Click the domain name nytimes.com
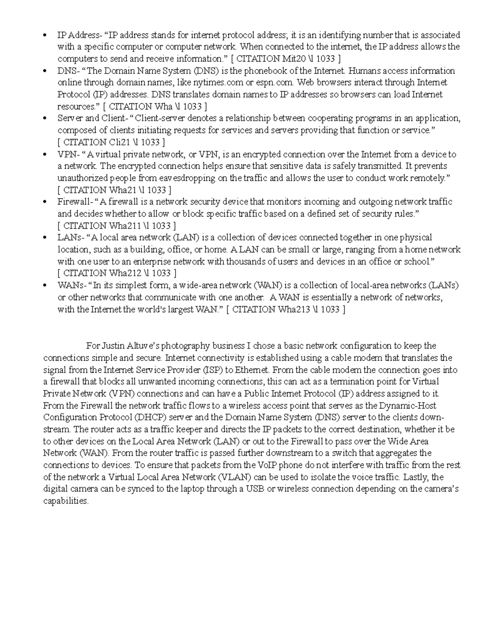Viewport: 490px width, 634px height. tap(218, 83)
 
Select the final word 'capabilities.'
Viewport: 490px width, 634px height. tap(66, 501)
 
